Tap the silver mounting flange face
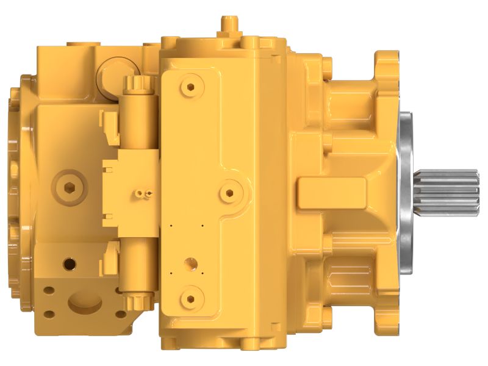[x=405, y=183]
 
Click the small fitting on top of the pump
[x=229, y=25]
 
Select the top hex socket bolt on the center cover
[x=191, y=87]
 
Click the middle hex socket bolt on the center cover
[x=229, y=193]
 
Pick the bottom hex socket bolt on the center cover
[x=191, y=297]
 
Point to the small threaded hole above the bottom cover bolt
[x=191, y=264]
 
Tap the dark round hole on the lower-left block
[x=70, y=265]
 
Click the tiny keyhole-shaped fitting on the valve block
[x=143, y=194]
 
